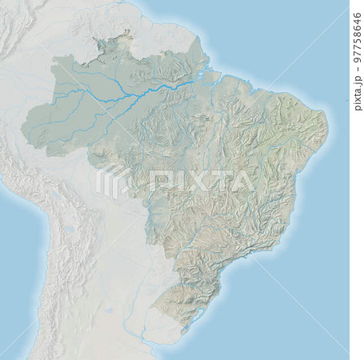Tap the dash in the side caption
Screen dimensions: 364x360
pyautogui.click(x=357, y=68)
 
